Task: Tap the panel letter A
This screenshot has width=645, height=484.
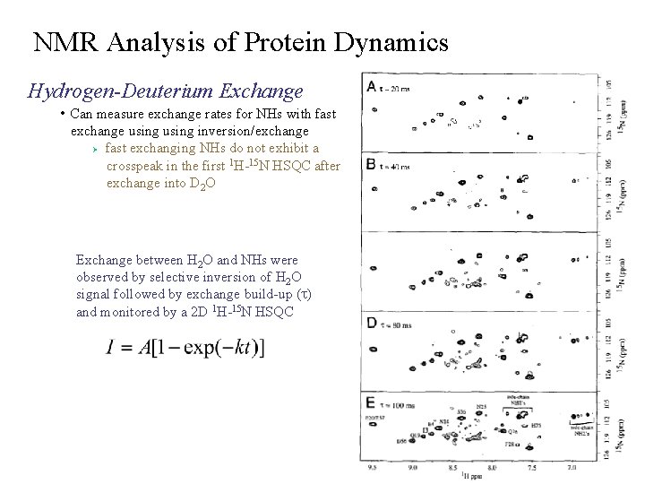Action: click(x=371, y=86)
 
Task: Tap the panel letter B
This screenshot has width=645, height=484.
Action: click(x=371, y=164)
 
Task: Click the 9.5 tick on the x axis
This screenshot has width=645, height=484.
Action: click(x=369, y=467)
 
